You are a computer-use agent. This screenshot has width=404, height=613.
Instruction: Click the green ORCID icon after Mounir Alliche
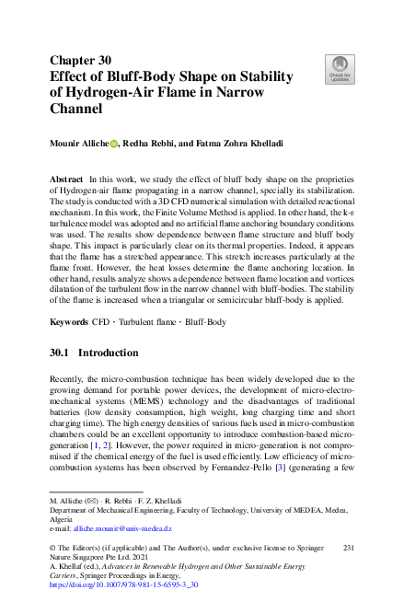click(115, 144)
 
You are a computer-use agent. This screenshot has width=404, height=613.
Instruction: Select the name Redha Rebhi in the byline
click(156, 144)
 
